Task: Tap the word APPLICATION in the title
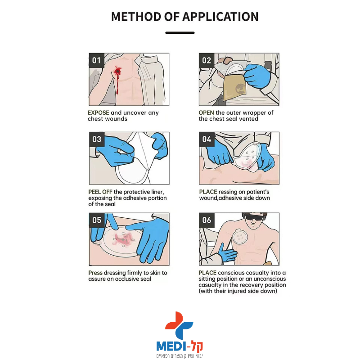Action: coord(220,17)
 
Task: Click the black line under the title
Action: coord(180,33)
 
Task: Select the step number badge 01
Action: coord(97,60)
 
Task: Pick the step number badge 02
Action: coord(207,60)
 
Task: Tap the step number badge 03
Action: coord(97,139)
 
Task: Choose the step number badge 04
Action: coord(207,139)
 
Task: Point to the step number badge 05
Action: coord(97,220)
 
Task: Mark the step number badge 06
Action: coord(207,220)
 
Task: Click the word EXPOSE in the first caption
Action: coord(99,113)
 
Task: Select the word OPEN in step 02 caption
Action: coord(207,113)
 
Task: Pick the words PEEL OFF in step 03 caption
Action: coord(100,192)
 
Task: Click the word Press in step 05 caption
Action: coord(95,273)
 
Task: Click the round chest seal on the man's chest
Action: coord(240,237)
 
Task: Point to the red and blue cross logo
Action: coord(179,325)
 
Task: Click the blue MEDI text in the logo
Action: coord(171,346)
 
